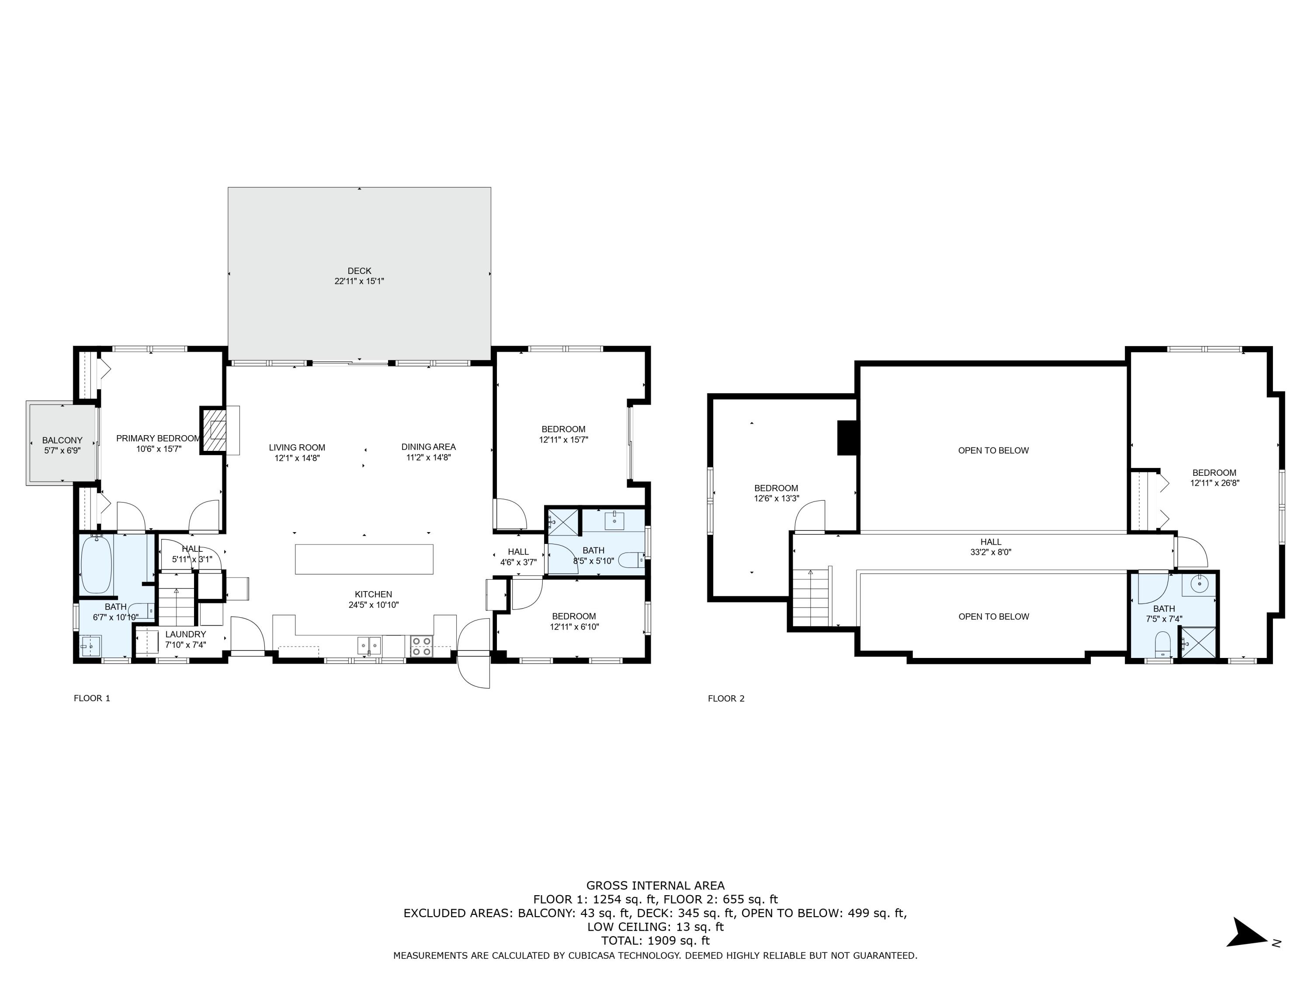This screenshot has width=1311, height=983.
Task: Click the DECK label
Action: click(359, 271)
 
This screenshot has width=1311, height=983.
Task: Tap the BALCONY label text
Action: click(62, 440)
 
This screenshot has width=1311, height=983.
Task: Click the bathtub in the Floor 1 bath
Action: click(96, 564)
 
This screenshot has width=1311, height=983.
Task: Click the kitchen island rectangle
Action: click(364, 559)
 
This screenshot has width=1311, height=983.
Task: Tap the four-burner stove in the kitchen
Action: click(421, 646)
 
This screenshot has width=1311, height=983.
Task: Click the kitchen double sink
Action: click(369, 645)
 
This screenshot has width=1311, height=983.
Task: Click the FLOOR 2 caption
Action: click(725, 699)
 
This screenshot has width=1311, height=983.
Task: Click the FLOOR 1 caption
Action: click(92, 698)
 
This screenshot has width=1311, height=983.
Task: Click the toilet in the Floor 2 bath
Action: click(1163, 645)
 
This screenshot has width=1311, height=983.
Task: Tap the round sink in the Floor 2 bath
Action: click(1199, 584)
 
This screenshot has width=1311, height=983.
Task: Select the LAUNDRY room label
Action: click(186, 634)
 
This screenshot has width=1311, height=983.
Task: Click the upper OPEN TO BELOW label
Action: click(993, 450)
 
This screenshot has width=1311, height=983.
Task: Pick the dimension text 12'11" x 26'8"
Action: click(1214, 483)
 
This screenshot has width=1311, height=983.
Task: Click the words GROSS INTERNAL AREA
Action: click(655, 886)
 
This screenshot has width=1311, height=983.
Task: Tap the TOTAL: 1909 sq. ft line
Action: click(655, 940)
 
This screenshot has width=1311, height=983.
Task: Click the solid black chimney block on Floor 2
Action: click(847, 438)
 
